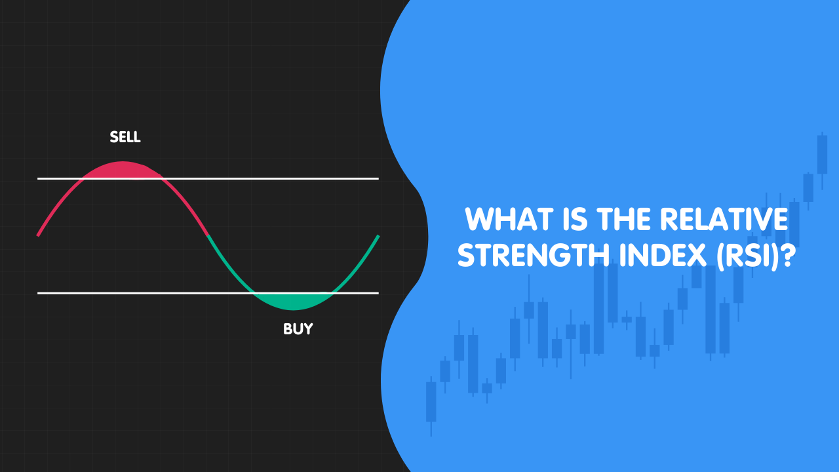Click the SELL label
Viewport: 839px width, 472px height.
[x=125, y=137]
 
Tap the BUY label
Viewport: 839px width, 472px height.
[x=298, y=328]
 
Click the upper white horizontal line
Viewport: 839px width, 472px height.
[x=275, y=178]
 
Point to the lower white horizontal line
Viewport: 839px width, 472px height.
[x=131, y=293]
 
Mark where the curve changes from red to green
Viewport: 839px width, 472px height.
[x=208, y=235]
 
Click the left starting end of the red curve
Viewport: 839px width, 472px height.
[x=39, y=234]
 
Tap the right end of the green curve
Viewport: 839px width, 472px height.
[x=378, y=236]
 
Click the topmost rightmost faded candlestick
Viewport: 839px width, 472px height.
[x=822, y=153]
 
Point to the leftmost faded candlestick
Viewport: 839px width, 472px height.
[x=431, y=401]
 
